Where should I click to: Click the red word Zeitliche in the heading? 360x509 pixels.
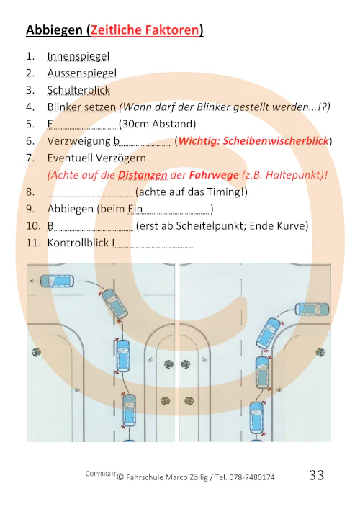tap(114, 30)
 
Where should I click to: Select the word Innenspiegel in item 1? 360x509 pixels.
tap(78, 56)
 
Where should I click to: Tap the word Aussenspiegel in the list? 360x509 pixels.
tap(81, 73)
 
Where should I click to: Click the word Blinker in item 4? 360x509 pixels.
tap(65, 107)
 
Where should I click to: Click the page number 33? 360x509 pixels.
tap(317, 475)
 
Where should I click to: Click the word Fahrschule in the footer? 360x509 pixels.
tap(149, 477)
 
